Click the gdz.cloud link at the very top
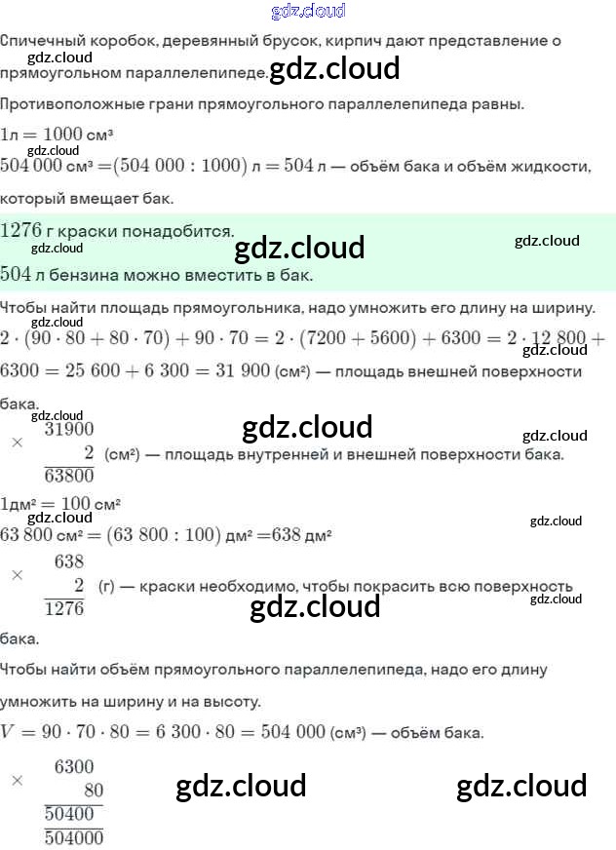click(308, 12)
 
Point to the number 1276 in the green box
click(20, 231)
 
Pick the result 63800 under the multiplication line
click(69, 476)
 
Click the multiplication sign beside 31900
click(17, 442)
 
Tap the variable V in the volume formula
click(9, 732)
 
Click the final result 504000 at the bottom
click(74, 836)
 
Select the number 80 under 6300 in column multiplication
click(93, 791)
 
